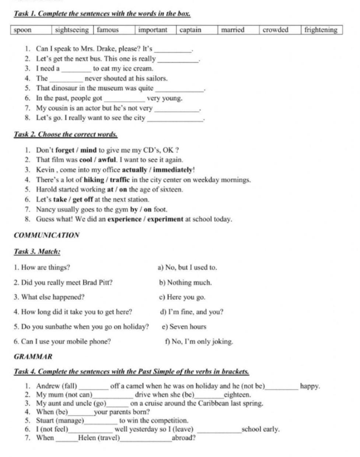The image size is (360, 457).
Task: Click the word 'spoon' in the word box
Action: [x=23, y=30]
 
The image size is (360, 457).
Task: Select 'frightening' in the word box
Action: [x=321, y=30]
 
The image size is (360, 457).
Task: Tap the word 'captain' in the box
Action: [x=190, y=30]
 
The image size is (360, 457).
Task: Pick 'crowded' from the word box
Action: [x=275, y=30]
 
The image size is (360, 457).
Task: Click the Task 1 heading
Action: [x=102, y=14]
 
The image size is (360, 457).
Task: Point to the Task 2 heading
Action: [x=66, y=134]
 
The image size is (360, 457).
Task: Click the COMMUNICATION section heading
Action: [x=46, y=235]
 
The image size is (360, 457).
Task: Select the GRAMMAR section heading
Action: [x=33, y=357]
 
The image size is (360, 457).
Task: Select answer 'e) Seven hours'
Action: [x=184, y=327]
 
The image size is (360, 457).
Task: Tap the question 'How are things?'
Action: [x=45, y=267]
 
